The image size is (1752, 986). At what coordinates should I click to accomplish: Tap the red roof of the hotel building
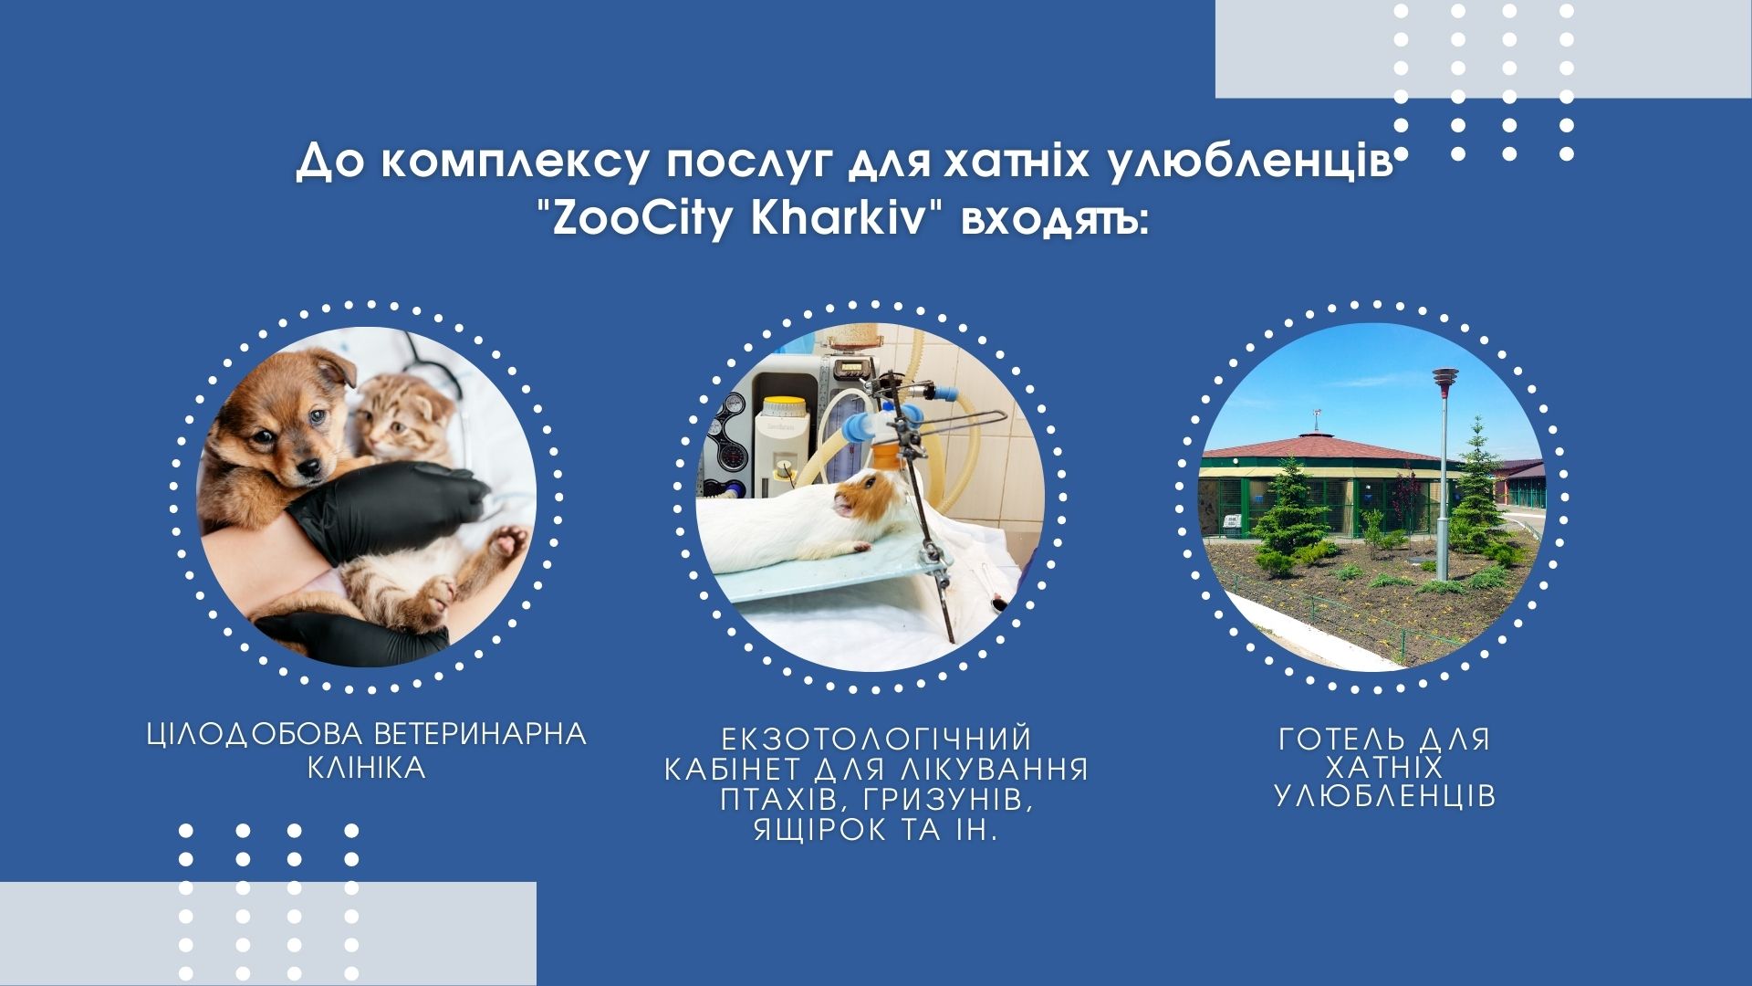click(1323, 448)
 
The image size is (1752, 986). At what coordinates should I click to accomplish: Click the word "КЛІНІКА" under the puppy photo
click(367, 768)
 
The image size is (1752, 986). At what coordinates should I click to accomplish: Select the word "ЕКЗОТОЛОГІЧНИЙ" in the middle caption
click(876, 739)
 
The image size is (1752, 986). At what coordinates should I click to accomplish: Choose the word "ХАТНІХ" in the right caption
click(1384, 767)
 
